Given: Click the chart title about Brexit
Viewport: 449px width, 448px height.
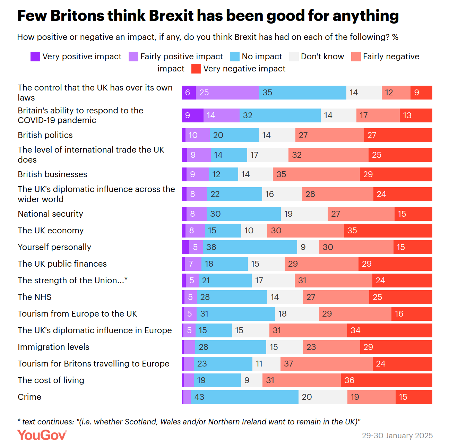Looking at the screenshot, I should click(x=208, y=16).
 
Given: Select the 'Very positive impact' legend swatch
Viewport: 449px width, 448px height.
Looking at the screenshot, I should click(x=35, y=57).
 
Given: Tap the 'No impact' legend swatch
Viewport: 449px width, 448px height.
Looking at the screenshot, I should click(x=235, y=57).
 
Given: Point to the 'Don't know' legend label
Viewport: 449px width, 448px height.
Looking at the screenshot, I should click(x=322, y=57).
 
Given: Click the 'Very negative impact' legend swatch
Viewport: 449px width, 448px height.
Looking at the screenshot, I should click(x=196, y=69).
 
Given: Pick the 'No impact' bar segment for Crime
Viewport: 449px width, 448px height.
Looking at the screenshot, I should click(x=244, y=397).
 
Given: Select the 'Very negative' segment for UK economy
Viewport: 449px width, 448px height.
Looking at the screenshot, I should click(x=388, y=231).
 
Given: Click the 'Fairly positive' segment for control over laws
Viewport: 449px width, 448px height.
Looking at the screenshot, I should click(x=227, y=93).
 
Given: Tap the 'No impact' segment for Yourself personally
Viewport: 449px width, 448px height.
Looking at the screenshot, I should click(x=250, y=247).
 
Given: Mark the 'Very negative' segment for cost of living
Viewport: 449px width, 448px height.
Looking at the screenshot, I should click(x=387, y=380).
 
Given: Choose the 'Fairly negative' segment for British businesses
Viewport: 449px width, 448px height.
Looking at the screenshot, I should click(x=316, y=174).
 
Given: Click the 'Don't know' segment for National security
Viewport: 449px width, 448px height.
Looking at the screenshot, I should click(x=304, y=214).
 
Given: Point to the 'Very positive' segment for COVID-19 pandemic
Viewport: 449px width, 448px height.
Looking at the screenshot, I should click(x=192, y=115).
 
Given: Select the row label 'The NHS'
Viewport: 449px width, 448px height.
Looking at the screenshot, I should click(x=35, y=297).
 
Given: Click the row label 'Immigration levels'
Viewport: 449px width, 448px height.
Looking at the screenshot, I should click(x=53, y=347).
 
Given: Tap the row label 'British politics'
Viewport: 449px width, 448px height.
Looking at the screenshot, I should click(x=45, y=135).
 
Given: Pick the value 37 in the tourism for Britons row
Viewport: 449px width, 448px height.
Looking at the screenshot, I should click(x=288, y=364).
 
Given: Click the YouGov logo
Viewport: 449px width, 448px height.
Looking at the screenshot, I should click(x=42, y=435).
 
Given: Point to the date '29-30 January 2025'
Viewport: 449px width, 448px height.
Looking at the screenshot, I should click(x=397, y=436).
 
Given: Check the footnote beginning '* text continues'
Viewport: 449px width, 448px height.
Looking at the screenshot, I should click(x=189, y=422).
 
